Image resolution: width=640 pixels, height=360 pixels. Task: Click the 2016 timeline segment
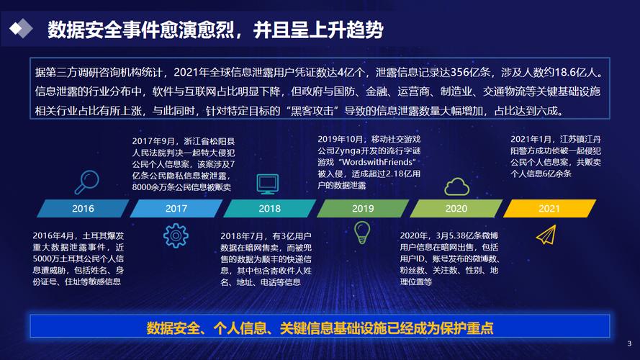click(83, 209)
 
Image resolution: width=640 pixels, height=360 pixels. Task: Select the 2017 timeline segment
click(176, 209)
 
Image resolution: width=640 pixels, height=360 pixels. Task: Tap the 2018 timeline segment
click(269, 209)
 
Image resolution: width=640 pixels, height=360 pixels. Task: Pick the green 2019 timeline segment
click(363, 209)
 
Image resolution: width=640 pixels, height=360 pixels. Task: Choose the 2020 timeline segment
click(456, 209)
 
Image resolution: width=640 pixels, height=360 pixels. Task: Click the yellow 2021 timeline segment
click(549, 209)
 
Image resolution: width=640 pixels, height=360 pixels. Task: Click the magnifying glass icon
click(87, 182)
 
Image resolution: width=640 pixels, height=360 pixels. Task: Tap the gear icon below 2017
click(176, 235)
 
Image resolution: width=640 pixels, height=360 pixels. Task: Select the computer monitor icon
click(268, 184)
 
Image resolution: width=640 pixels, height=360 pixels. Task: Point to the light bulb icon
click(362, 233)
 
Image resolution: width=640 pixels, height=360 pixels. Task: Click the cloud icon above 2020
click(456, 186)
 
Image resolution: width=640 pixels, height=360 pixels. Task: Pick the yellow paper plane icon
click(546, 235)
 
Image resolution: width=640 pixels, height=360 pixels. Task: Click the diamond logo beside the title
click(21, 29)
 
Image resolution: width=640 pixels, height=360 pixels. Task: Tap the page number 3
click(629, 343)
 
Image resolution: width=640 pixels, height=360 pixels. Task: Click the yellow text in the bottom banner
click(320, 328)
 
